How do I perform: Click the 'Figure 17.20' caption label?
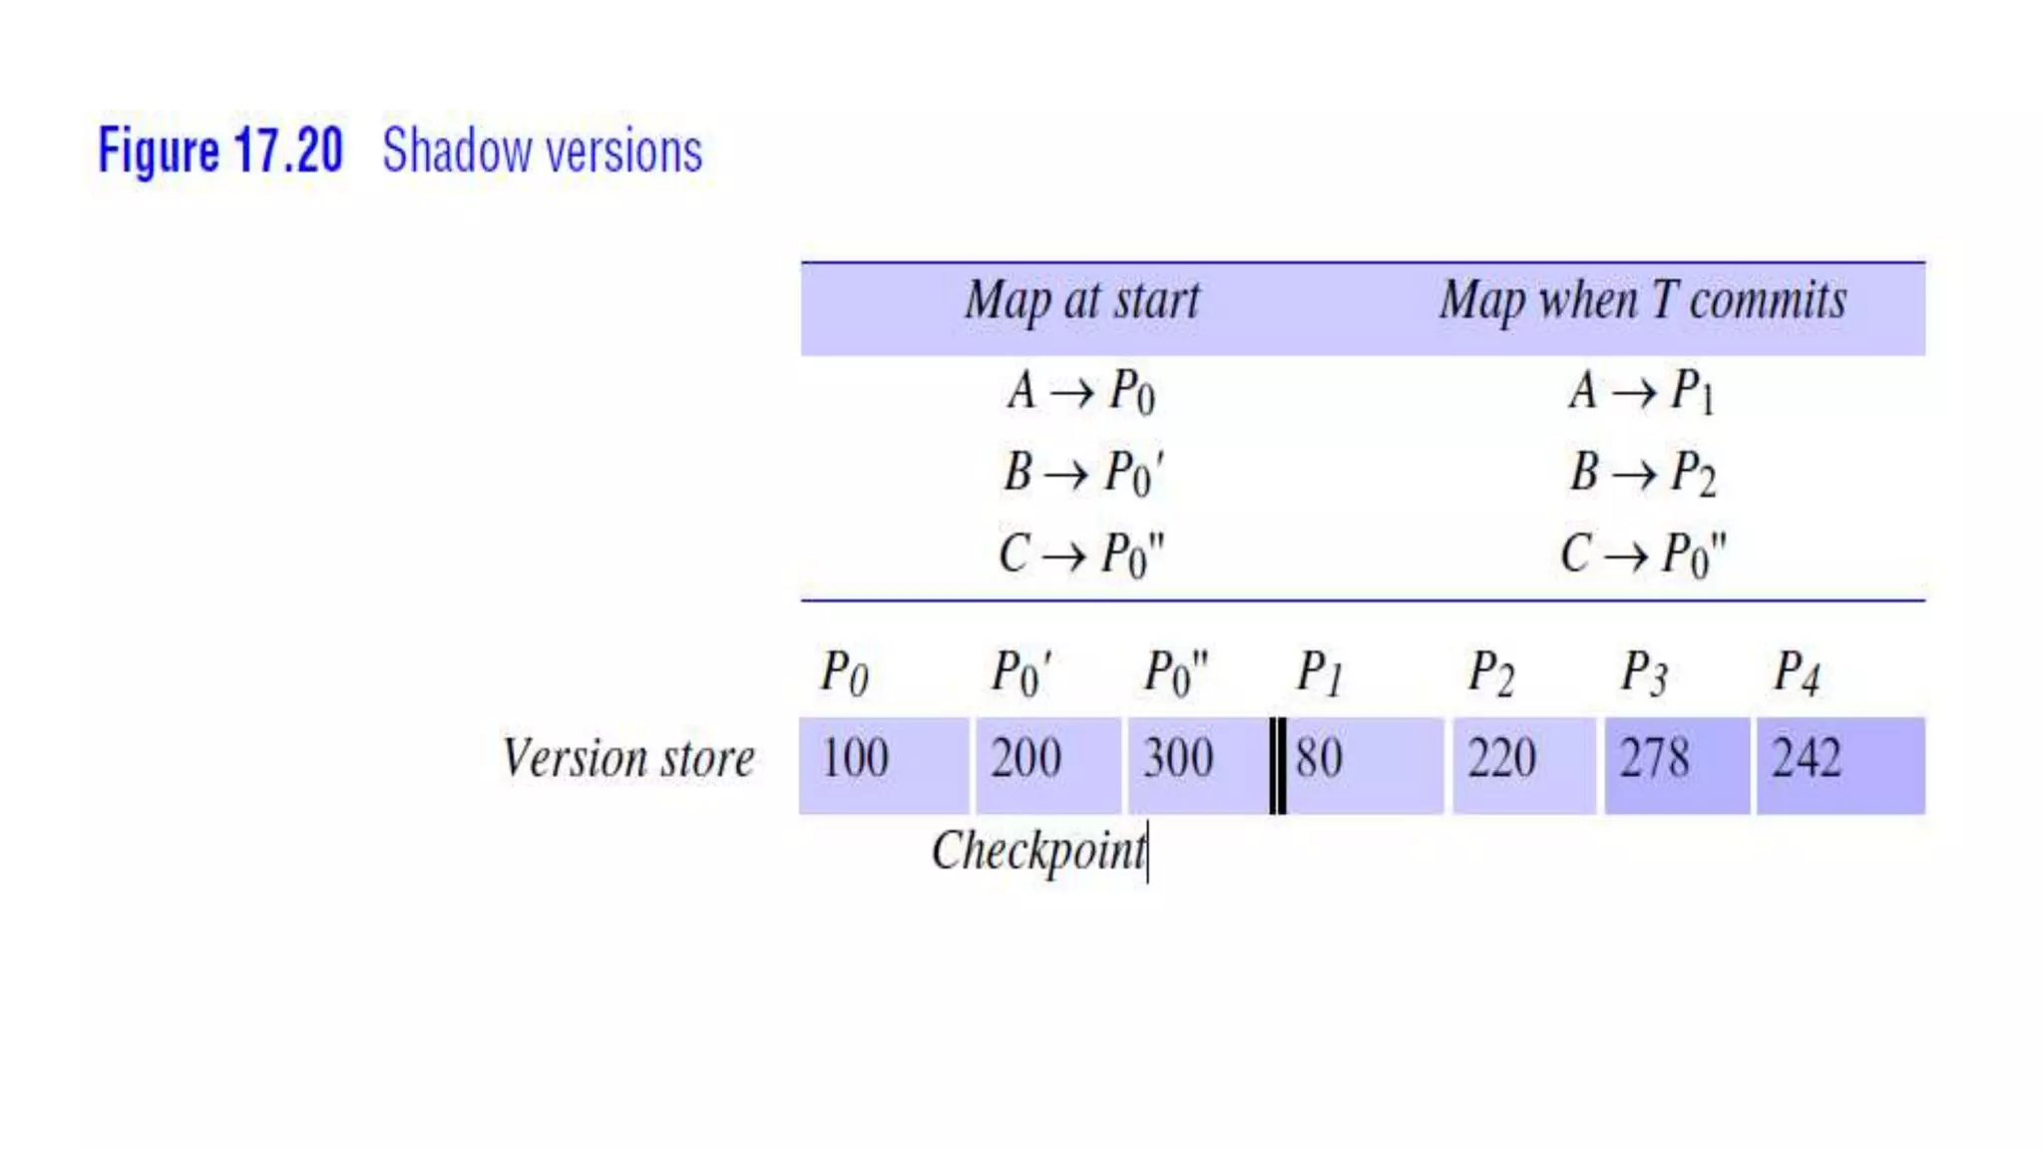pyautogui.click(x=220, y=152)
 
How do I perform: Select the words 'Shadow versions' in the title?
pyautogui.click(x=542, y=152)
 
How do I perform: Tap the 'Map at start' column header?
pyautogui.click(x=1081, y=300)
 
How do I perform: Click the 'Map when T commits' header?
pyautogui.click(x=1642, y=300)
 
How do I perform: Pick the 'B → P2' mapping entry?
pyautogui.click(x=1642, y=472)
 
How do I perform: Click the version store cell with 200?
pyautogui.click(x=1047, y=765)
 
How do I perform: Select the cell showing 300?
pyautogui.click(x=1197, y=765)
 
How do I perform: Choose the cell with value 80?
pyautogui.click(x=1363, y=765)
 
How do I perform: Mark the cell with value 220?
pyautogui.click(x=1523, y=765)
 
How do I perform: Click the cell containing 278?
pyautogui.click(x=1676, y=765)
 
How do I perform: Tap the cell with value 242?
pyautogui.click(x=1839, y=765)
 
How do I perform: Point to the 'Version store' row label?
pyautogui.click(x=628, y=759)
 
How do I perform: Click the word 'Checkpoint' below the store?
pyautogui.click(x=1038, y=852)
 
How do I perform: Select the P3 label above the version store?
pyautogui.click(x=1643, y=673)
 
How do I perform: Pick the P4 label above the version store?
pyautogui.click(x=1797, y=673)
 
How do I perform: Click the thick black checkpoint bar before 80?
pyautogui.click(x=1277, y=765)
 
